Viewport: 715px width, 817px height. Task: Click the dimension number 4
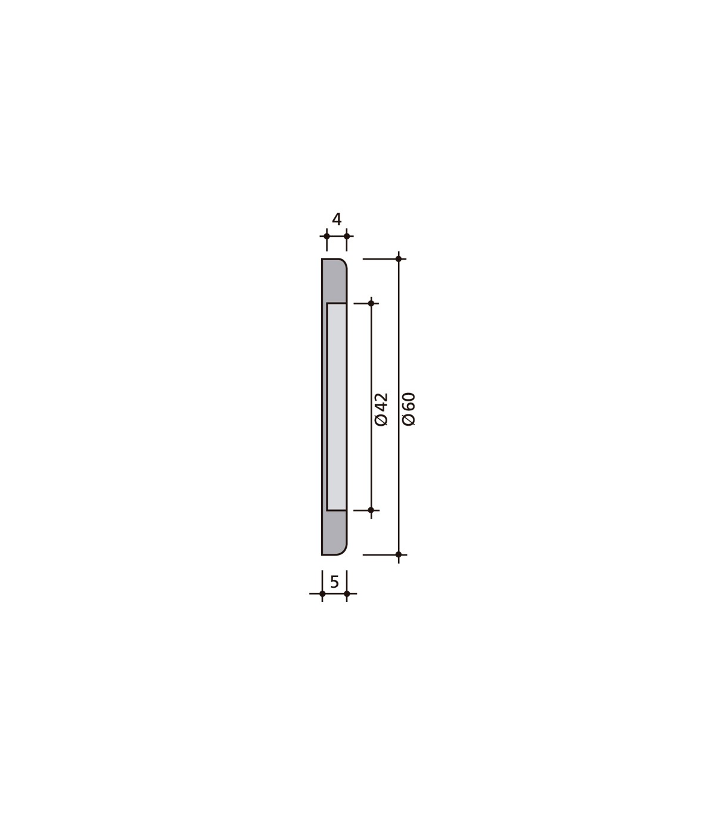click(337, 219)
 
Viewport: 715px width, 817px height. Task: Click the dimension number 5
click(335, 582)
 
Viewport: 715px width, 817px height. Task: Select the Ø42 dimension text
click(381, 409)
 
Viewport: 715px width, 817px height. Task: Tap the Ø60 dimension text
click(409, 409)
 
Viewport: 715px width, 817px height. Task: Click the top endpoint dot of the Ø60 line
click(398, 259)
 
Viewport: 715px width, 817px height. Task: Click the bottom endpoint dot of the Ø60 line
click(398, 554)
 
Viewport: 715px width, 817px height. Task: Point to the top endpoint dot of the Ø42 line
click(371, 304)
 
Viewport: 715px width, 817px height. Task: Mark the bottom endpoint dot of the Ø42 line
click(371, 510)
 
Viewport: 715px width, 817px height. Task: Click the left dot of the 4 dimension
click(327, 236)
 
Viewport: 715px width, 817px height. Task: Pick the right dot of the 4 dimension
click(347, 236)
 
